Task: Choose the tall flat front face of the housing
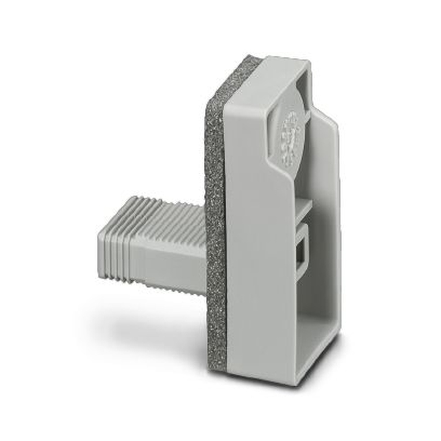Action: pos(260,265)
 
